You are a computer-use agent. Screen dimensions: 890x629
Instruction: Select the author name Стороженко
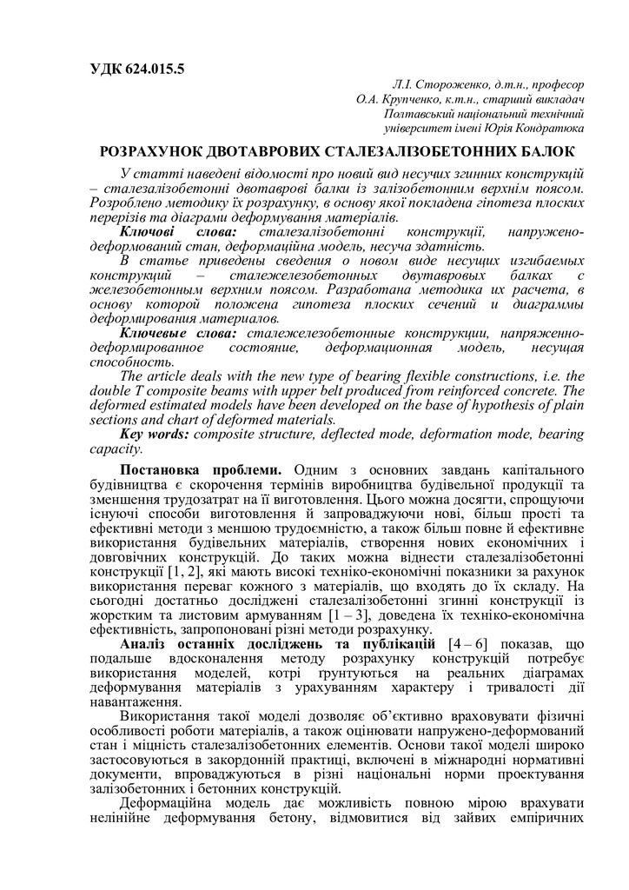451,84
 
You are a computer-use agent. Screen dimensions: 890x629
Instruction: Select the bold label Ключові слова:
172,232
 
